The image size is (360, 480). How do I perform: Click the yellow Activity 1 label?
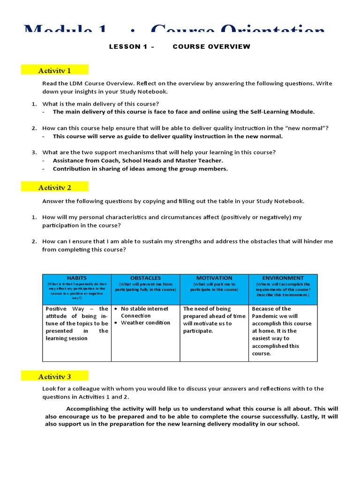(54, 70)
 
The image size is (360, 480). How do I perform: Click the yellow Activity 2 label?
(54, 187)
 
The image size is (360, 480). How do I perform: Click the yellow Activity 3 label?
(54, 376)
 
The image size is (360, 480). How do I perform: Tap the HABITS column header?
(77, 278)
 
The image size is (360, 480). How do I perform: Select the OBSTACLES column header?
(145, 278)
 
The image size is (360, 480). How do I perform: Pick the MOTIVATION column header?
(214, 278)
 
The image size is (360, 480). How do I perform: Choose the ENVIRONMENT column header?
(283, 278)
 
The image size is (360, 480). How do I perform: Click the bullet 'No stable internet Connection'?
(144, 312)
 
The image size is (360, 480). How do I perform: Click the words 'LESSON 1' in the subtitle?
(125, 46)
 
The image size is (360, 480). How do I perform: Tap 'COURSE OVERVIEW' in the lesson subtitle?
(211, 46)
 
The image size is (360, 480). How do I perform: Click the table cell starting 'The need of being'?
(214, 320)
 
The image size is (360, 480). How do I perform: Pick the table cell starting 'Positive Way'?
(77, 323)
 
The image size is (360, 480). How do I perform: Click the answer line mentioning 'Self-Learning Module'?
(184, 112)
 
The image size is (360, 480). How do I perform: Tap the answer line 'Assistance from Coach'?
(138, 160)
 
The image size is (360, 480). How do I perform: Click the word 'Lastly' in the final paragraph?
(314, 416)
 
